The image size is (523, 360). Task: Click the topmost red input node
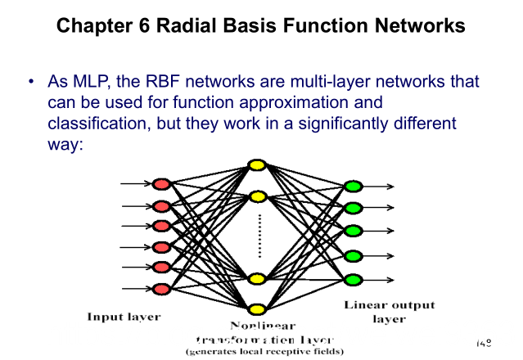coord(161,183)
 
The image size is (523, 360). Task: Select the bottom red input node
coord(161,288)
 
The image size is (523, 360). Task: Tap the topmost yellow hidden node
coord(257,165)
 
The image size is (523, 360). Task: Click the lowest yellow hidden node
coord(257,309)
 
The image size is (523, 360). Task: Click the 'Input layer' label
coord(124,316)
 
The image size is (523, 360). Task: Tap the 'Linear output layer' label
coord(389,312)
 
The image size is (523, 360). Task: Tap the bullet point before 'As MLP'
coord(30,83)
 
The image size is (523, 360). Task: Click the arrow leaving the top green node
coord(380,187)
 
